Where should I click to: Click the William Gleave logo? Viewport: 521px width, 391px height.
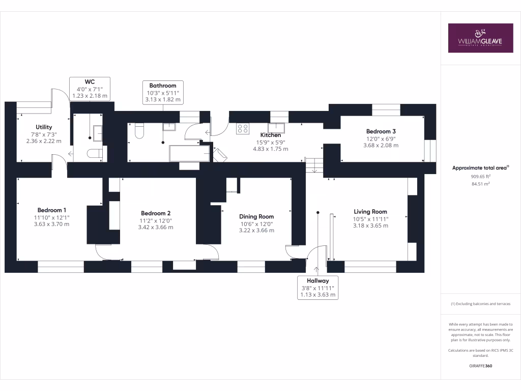coord(480,38)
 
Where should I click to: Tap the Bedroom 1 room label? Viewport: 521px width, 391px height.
coord(52,210)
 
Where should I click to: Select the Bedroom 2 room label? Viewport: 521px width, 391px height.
coord(156,213)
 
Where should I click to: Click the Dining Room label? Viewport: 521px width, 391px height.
coord(256,216)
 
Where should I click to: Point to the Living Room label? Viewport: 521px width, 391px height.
coord(370,212)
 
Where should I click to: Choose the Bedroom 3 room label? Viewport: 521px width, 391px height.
coord(381,131)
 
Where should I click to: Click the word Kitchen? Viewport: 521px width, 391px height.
coord(271,135)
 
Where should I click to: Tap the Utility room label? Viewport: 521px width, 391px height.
coord(44,127)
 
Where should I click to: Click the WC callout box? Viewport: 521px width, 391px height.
coord(90,89)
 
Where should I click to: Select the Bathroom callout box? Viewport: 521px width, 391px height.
coord(163,93)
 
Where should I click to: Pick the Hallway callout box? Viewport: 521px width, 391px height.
coord(317,288)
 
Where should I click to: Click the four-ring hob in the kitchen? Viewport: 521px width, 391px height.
coord(243,128)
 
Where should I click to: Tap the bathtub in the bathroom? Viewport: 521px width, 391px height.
coord(189,153)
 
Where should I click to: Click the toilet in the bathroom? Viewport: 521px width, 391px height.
coord(139,131)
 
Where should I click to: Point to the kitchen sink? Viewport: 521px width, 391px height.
coord(276,128)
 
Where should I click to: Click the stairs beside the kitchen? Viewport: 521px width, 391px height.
coord(314,165)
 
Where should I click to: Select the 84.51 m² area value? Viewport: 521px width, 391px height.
coord(480,184)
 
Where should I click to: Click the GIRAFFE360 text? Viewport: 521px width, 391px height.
coord(480,366)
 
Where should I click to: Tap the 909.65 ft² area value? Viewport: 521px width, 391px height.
coord(480,177)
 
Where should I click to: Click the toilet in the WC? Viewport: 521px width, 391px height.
coord(95,153)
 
